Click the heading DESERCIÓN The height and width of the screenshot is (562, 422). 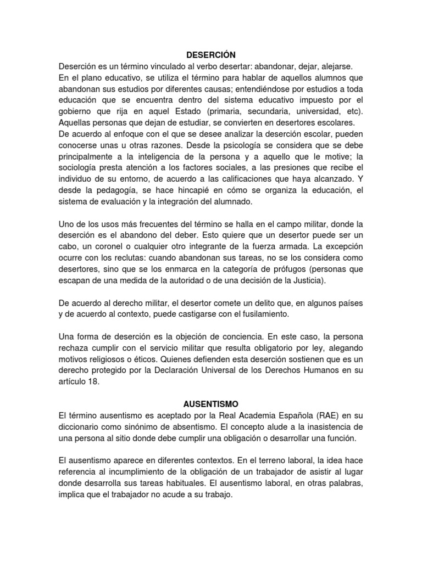pyautogui.click(x=210, y=55)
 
